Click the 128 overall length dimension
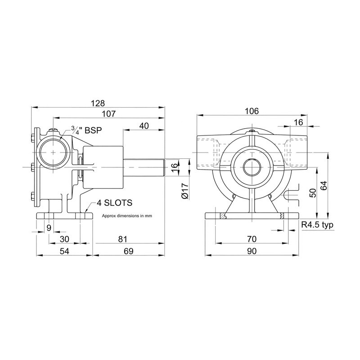pyautogui.click(x=98, y=103)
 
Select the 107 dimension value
pyautogui.click(x=109, y=114)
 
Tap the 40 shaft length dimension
pyautogui.click(x=144, y=126)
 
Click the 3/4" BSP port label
pyautogui.click(x=86, y=130)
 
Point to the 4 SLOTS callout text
pyautogui.click(x=115, y=203)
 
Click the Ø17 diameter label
pyautogui.click(x=185, y=190)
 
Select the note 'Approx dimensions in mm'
pyautogui.click(x=127, y=216)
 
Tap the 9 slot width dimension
pyautogui.click(x=49, y=228)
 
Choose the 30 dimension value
pyautogui.click(x=64, y=239)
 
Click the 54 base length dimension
pyautogui.click(x=64, y=251)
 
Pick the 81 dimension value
pyautogui.click(x=123, y=239)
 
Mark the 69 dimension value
pyautogui.click(x=129, y=251)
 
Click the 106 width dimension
pyautogui.click(x=252, y=111)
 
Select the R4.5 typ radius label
pyautogui.click(x=317, y=225)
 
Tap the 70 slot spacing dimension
pyautogui.click(x=252, y=239)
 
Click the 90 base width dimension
pyautogui.click(x=252, y=251)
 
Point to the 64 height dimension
pyautogui.click(x=324, y=185)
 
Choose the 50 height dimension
pyautogui.click(x=313, y=193)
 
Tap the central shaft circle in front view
pyautogui.click(x=252, y=167)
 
